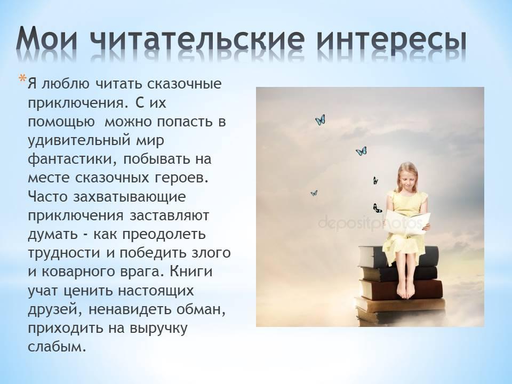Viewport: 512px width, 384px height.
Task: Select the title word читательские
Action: [x=198, y=39]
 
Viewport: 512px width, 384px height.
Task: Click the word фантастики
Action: [x=73, y=159]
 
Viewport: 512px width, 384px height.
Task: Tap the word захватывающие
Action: [x=130, y=197]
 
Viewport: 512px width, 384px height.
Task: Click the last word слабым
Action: [x=57, y=347]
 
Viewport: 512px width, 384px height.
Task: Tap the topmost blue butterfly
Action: [x=321, y=120]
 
